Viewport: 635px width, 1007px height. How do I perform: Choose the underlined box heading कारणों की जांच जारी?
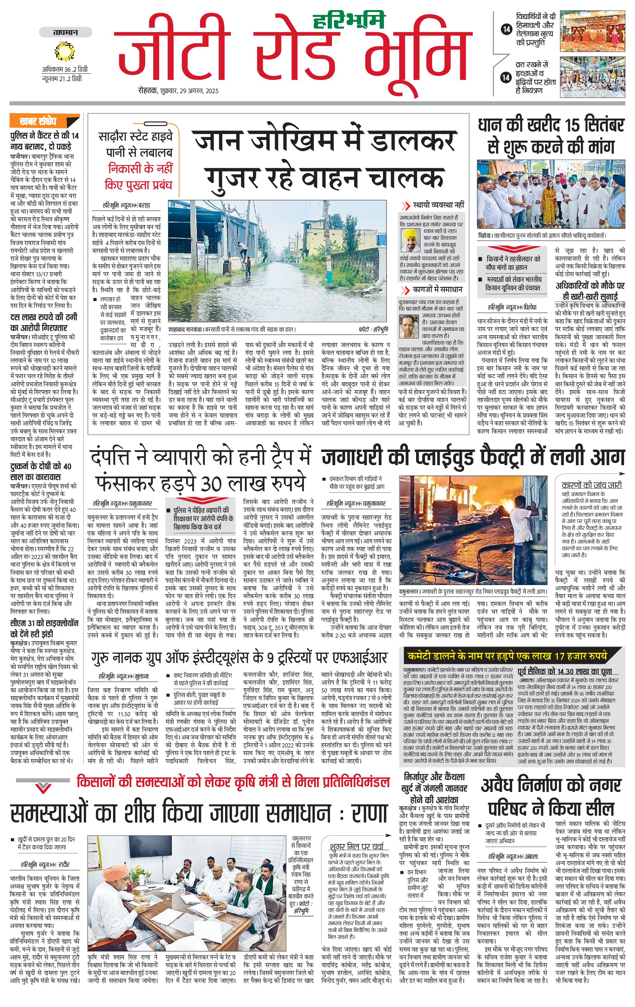click(x=591, y=485)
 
